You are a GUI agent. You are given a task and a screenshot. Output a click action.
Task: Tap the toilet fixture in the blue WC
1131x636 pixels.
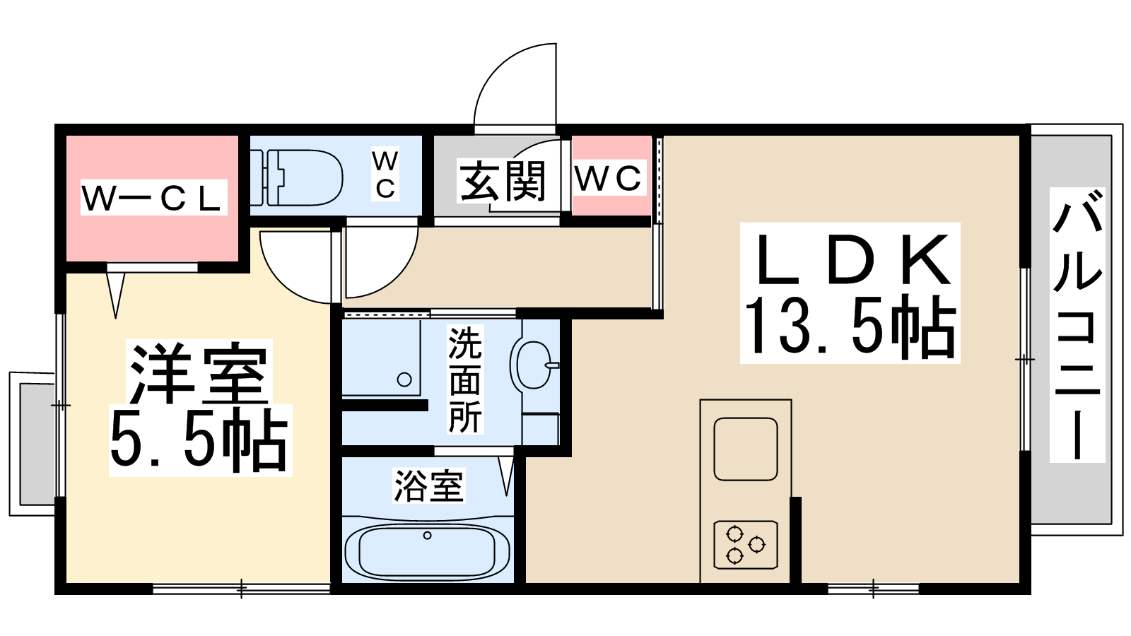click(x=297, y=177)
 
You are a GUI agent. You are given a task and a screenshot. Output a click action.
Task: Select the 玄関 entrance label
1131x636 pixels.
click(x=503, y=181)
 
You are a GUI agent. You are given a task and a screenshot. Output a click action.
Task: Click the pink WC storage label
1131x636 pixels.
click(x=609, y=177)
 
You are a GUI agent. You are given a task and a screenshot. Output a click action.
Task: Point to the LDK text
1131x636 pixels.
click(x=850, y=259)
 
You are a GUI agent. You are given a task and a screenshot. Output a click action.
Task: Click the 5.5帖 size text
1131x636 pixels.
click(x=199, y=438)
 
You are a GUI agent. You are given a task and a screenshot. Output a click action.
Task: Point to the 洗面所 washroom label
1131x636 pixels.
click(x=465, y=379)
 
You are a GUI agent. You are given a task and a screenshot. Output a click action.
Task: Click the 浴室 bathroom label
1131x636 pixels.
click(x=428, y=485)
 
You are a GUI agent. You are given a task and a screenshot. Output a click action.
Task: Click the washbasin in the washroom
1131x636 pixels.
click(x=533, y=365)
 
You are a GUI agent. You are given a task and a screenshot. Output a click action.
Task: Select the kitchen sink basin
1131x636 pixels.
click(x=745, y=449)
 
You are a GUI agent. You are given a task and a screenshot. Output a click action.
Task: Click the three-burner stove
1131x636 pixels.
click(x=745, y=545)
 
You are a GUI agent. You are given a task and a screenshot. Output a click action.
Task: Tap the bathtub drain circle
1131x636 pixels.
click(x=427, y=535)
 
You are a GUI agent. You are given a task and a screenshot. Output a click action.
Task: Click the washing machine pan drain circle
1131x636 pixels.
click(x=404, y=379)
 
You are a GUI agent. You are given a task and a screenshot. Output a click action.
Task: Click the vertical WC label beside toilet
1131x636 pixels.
click(x=385, y=174)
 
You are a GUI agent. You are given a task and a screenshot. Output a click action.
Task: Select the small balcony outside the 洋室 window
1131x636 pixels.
click(x=31, y=444)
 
